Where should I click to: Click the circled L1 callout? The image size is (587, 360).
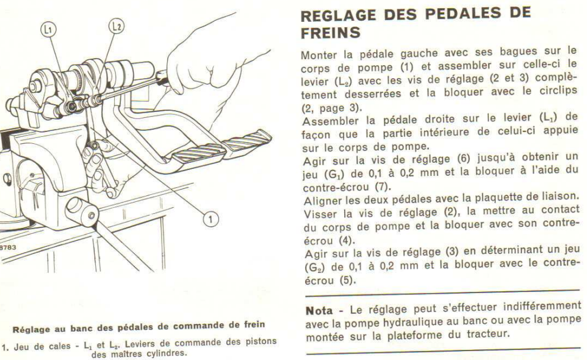(x=49, y=30)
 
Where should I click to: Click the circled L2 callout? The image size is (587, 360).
(x=117, y=26)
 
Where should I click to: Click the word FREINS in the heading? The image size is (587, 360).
(x=331, y=33)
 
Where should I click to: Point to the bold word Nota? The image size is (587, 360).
(x=319, y=310)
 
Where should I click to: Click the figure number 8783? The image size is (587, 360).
(x=8, y=247)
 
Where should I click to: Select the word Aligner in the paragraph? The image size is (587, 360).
(x=323, y=201)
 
